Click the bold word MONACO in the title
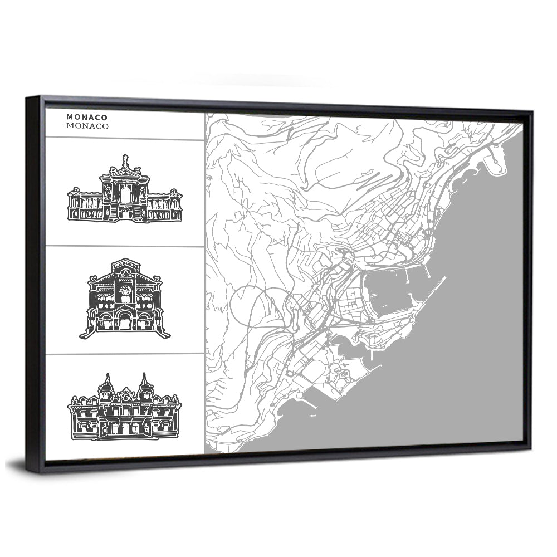tap(87, 117)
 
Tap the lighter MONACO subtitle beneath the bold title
tap(87, 126)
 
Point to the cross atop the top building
tap(125, 158)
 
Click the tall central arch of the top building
tap(125, 195)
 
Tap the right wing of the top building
tap(165, 205)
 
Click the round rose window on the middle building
tap(125, 290)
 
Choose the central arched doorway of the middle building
tap(125, 322)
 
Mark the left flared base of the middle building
tap(85, 334)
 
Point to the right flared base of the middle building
tap(165, 334)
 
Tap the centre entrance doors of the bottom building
tap(125, 428)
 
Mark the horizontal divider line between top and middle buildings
tap(125, 246)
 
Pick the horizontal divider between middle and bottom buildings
tap(125, 354)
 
